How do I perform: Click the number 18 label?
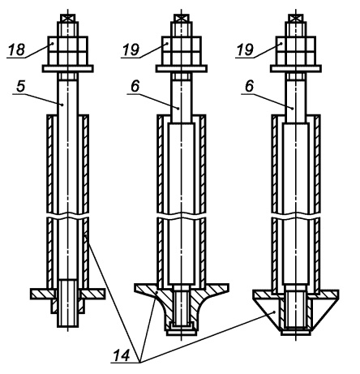click(x=17, y=49)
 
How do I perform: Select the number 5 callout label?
click(x=20, y=87)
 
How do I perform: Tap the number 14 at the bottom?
click(x=122, y=355)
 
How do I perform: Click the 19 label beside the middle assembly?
click(x=131, y=49)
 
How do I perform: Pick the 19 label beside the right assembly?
click(x=246, y=49)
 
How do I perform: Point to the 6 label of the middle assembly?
click(x=135, y=87)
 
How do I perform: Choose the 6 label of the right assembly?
click(x=249, y=87)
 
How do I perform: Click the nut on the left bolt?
click(x=68, y=50)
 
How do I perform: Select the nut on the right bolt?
click(x=296, y=50)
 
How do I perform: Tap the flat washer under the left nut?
click(x=68, y=69)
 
